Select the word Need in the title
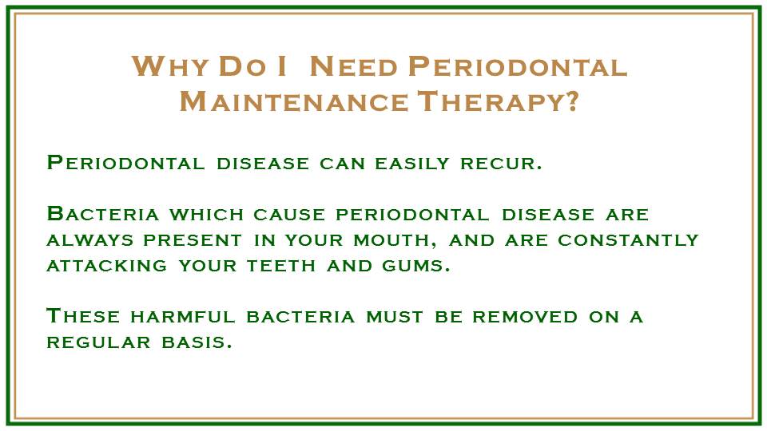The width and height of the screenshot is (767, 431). click(x=354, y=66)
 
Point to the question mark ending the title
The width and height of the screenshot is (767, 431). click(x=571, y=101)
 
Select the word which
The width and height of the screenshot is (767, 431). click(x=206, y=215)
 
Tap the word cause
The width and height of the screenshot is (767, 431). click(x=289, y=215)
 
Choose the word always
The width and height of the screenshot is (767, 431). click(x=90, y=240)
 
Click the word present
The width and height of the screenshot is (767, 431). click(x=193, y=240)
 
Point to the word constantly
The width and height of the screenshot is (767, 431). click(x=628, y=240)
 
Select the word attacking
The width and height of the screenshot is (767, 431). click(x=106, y=265)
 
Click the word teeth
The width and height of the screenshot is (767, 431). click(x=281, y=265)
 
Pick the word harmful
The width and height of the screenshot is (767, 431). click(x=182, y=317)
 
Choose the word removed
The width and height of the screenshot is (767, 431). click(x=525, y=317)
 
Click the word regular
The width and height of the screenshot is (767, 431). click(x=98, y=342)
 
